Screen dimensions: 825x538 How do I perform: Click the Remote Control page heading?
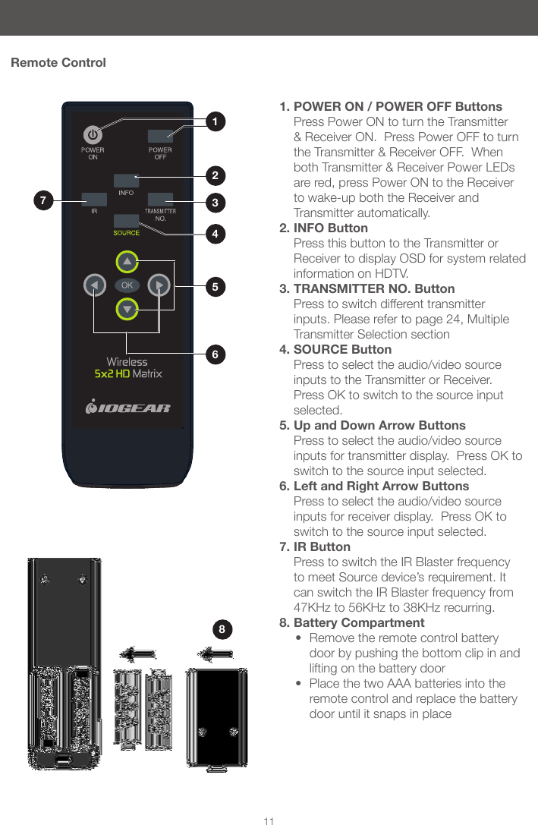(58, 62)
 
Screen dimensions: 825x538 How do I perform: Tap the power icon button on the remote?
(93, 135)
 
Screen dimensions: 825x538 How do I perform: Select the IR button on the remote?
(94, 200)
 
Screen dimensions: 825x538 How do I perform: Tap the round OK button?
(127, 285)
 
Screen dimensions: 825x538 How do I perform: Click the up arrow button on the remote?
(127, 262)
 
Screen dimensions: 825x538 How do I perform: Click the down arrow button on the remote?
(127, 309)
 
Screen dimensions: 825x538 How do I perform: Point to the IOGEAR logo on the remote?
(127, 408)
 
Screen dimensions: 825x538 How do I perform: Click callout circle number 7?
(43, 201)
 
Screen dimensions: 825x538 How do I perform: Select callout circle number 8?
(222, 629)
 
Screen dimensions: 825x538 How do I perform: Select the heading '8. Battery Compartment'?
(352, 622)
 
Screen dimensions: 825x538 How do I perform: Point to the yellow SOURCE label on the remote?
(127, 233)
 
